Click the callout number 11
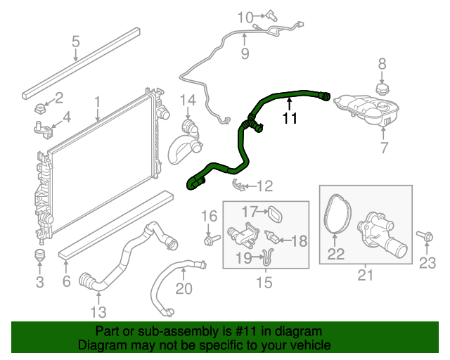point(290,119)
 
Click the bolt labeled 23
point(425,236)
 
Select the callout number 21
point(365,275)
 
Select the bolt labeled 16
point(210,240)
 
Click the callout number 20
point(184,288)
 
